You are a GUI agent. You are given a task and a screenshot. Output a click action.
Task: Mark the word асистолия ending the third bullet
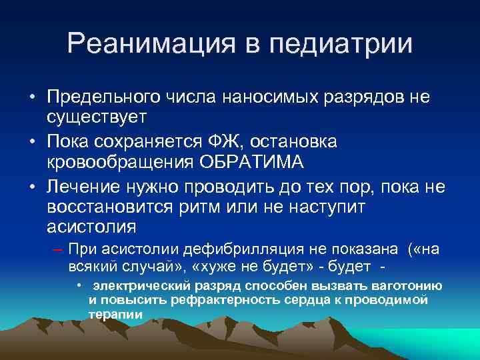[x=91, y=227]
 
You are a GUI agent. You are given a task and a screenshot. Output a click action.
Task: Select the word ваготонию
[x=409, y=286]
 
